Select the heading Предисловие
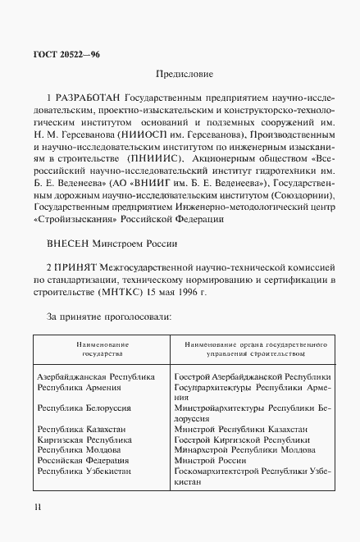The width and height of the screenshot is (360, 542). pos(179,75)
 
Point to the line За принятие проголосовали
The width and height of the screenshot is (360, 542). pos(108,317)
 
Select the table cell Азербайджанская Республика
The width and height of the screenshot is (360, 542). pos(96,376)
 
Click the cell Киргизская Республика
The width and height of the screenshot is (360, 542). pos(84,440)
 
